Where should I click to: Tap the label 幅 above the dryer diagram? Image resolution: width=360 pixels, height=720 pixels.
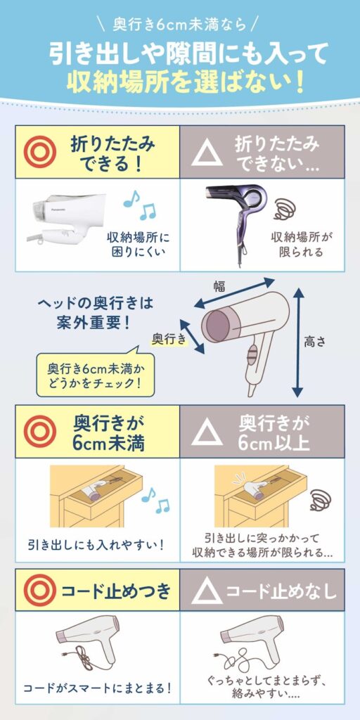pos(219,287)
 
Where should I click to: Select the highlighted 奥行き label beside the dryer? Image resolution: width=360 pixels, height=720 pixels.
pos(170,339)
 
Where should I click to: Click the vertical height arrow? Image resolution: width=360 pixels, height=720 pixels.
pos(298,342)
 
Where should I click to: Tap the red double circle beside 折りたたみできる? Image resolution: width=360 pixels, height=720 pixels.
pos(40,152)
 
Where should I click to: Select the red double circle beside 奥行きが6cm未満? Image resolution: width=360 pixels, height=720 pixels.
pos(40,431)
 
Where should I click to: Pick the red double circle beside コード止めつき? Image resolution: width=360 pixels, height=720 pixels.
pos(40,590)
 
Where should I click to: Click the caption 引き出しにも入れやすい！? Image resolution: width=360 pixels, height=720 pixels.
pos(96,545)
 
